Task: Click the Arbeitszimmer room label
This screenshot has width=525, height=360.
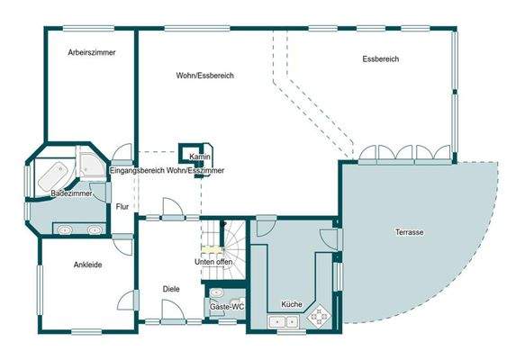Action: pos(92,53)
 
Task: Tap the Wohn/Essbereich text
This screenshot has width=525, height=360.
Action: pos(205,76)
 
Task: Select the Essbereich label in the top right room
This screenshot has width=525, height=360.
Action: pos(381,59)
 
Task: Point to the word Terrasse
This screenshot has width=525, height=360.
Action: pos(410,232)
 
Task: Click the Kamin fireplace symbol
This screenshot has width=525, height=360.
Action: pos(194,151)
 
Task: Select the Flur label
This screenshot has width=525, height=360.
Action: pos(123,207)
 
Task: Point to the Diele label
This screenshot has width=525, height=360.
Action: pos(171,289)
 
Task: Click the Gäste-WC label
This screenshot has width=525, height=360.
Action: pos(227,307)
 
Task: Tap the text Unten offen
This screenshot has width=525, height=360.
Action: pos(213,262)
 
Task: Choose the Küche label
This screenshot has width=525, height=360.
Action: pos(291,304)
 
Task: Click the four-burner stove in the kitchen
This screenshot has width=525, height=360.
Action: pos(318,315)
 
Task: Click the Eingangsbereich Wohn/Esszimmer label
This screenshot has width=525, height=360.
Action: pos(167,170)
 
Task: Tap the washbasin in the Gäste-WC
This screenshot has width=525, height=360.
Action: pos(217,292)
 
